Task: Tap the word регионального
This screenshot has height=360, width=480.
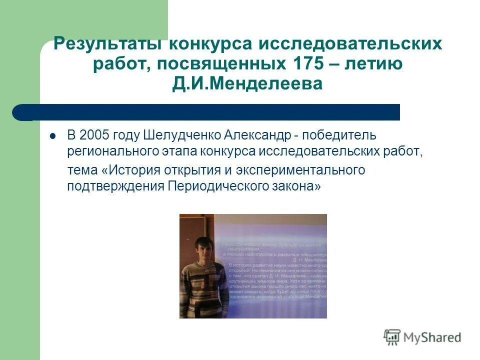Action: pyautogui.click(x=104, y=151)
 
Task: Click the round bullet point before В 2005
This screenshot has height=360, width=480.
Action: pyautogui.click(x=52, y=136)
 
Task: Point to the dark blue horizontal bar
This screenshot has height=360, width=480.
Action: pyautogui.click(x=210, y=112)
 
